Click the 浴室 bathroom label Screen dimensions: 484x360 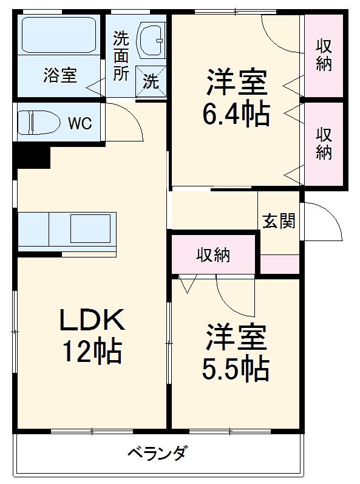point(59,76)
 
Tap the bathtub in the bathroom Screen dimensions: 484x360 point(59,35)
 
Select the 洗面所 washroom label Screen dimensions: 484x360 point(121,55)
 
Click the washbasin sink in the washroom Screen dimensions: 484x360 point(150,39)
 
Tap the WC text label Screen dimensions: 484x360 point(80,124)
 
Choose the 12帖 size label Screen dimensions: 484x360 point(91,350)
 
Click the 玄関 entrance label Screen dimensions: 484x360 point(279,221)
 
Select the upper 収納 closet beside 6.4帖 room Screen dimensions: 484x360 point(324,55)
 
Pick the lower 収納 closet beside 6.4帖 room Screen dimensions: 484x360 point(324,143)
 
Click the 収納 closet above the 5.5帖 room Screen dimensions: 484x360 point(214,255)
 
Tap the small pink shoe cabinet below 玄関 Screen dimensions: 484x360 point(280,264)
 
